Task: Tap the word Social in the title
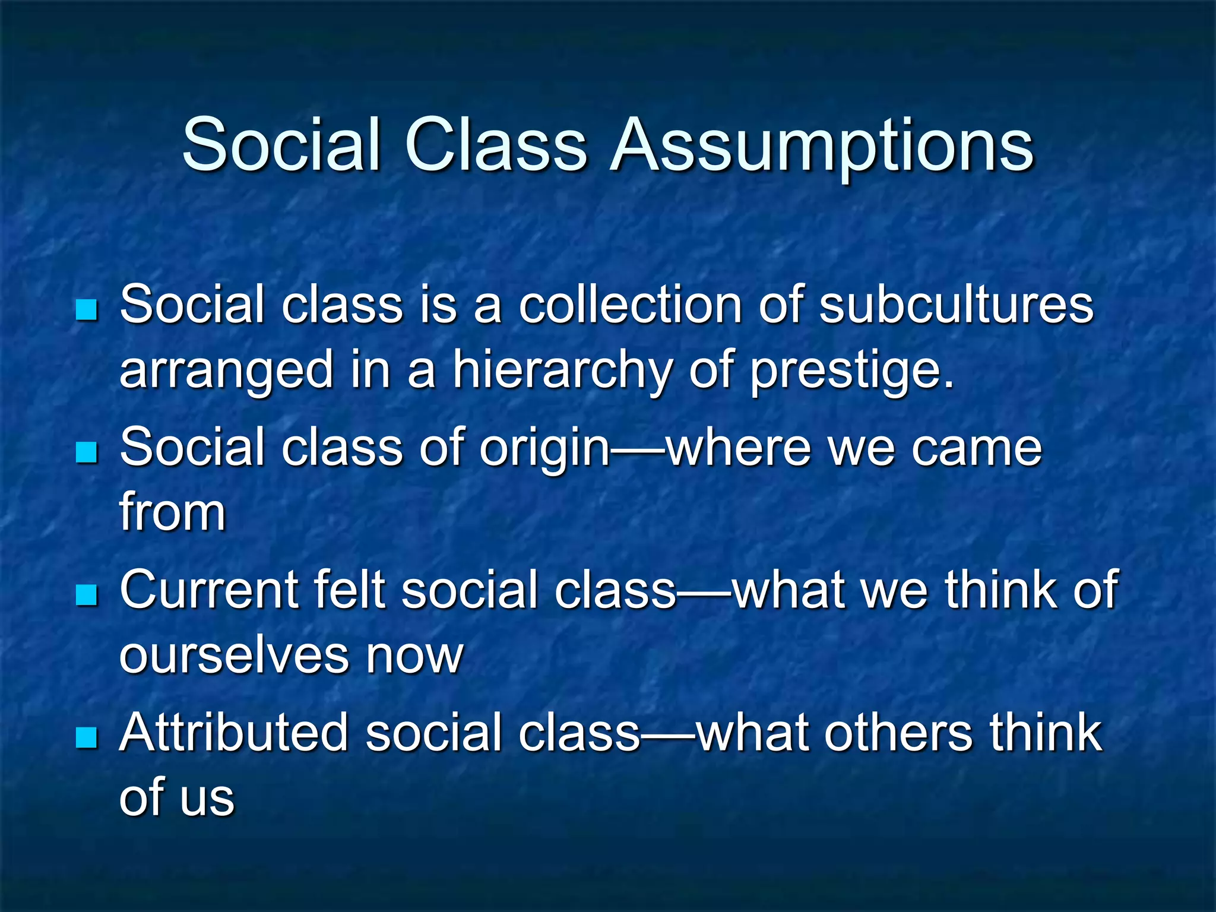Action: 281,145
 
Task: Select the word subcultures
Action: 956,305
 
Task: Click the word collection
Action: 630,305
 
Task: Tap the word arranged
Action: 227,371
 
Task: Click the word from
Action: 173,512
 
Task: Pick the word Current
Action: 208,590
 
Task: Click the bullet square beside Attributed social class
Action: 87,737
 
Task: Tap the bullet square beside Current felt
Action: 87,595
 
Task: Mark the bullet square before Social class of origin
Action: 87,452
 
